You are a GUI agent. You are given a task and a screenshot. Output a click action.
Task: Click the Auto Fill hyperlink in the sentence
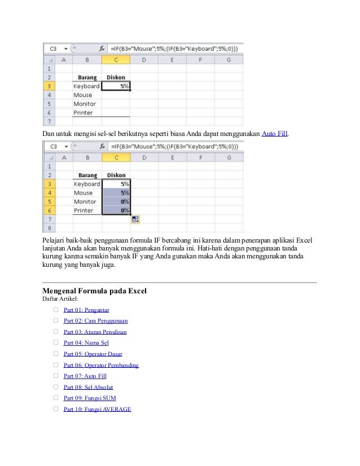click(x=275, y=134)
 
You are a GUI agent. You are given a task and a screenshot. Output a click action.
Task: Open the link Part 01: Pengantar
click(x=86, y=310)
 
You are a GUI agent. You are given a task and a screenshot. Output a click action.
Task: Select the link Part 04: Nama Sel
click(x=86, y=342)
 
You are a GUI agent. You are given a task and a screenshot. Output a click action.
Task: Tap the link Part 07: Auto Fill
click(x=85, y=376)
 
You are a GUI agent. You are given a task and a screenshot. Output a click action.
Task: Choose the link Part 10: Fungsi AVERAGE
click(x=97, y=408)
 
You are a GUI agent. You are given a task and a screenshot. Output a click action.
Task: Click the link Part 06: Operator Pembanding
click(x=101, y=365)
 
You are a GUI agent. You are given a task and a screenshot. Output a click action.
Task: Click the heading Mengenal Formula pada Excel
click(x=94, y=291)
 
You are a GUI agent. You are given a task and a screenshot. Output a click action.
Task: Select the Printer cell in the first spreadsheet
click(x=83, y=113)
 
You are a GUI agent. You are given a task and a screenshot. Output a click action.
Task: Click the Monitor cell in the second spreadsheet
click(x=85, y=201)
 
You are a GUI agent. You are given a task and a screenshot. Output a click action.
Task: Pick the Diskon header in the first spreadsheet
click(x=116, y=77)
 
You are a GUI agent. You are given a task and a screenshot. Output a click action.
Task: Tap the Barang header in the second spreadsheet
click(x=87, y=175)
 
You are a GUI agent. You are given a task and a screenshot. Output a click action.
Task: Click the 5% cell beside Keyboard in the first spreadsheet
click(x=116, y=86)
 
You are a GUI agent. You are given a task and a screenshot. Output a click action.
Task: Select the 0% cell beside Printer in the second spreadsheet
click(x=116, y=210)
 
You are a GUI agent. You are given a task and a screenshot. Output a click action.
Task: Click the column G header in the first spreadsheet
click(x=229, y=60)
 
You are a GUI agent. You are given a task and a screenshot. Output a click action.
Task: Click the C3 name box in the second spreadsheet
click(x=54, y=146)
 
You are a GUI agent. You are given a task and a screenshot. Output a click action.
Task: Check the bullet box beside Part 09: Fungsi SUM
click(x=56, y=398)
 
